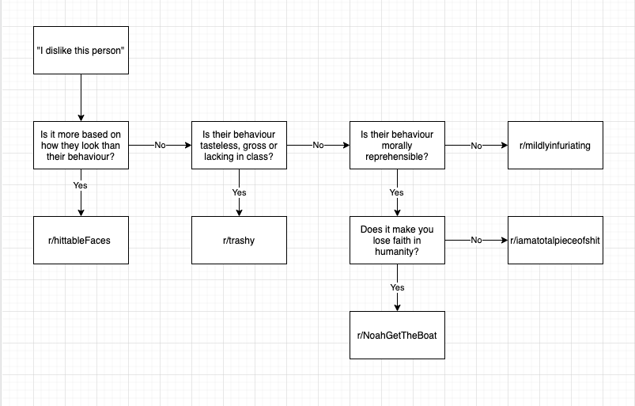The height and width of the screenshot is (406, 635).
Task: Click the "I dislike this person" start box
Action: (x=81, y=50)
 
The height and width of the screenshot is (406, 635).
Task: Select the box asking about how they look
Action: (x=81, y=145)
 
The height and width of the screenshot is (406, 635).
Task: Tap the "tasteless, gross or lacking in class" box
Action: (x=239, y=145)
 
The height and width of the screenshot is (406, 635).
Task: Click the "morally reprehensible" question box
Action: (x=397, y=145)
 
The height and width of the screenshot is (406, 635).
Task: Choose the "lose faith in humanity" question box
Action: (x=397, y=240)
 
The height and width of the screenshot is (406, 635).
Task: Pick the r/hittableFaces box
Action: (x=81, y=240)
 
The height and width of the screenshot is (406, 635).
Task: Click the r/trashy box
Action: (x=239, y=240)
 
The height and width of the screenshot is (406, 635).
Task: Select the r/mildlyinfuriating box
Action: (x=555, y=145)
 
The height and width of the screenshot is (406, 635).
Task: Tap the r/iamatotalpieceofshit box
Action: (x=555, y=240)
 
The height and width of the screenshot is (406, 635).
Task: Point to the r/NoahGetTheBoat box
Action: (x=397, y=335)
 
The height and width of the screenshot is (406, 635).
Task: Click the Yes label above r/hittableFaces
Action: (x=81, y=185)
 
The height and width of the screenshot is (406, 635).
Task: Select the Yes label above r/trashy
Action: (x=239, y=192)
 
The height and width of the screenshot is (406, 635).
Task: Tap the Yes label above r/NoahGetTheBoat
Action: (x=397, y=287)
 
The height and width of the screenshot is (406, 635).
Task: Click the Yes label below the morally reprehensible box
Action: (x=397, y=192)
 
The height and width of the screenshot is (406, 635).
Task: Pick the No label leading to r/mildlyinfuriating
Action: (x=476, y=146)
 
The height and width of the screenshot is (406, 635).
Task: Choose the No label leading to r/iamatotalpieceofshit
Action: (x=476, y=240)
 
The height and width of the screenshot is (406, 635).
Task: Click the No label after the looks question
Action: (x=160, y=146)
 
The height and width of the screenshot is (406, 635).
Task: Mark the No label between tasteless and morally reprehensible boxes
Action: (x=318, y=146)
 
